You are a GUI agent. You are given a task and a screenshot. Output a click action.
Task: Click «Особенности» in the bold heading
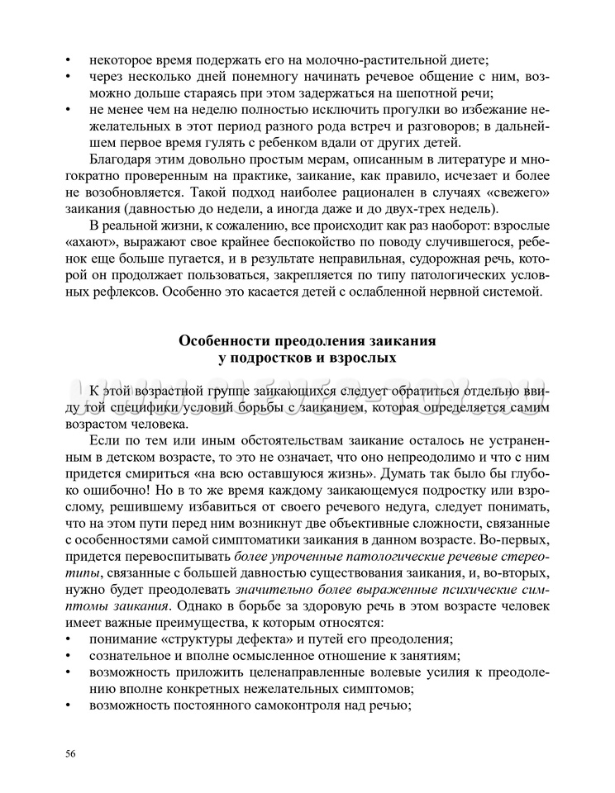231,341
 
